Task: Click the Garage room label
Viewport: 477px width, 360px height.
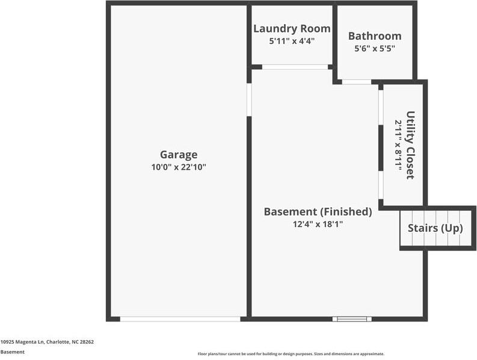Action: point(178,155)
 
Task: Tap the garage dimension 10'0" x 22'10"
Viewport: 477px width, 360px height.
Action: point(178,167)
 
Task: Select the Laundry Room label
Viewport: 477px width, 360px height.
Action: point(292,28)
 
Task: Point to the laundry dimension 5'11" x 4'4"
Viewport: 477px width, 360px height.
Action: point(292,41)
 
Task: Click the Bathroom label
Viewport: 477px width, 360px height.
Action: point(374,36)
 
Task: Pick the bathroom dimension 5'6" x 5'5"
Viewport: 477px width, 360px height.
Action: point(374,48)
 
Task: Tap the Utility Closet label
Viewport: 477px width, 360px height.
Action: point(410,145)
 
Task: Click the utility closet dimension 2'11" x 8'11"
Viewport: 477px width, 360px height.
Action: point(398,145)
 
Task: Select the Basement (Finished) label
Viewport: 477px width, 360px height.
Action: point(318,211)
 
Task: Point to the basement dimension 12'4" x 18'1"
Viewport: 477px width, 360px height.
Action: point(318,224)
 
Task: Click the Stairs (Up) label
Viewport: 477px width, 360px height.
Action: point(435,228)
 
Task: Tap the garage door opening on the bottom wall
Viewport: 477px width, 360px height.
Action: point(180,318)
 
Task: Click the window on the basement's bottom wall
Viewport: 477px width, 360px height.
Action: point(351,318)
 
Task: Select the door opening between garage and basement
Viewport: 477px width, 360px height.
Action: point(249,99)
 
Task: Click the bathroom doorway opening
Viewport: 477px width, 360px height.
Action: point(357,81)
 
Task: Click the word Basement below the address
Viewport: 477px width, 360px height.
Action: point(13,352)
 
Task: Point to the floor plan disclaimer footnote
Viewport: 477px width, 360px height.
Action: point(291,354)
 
